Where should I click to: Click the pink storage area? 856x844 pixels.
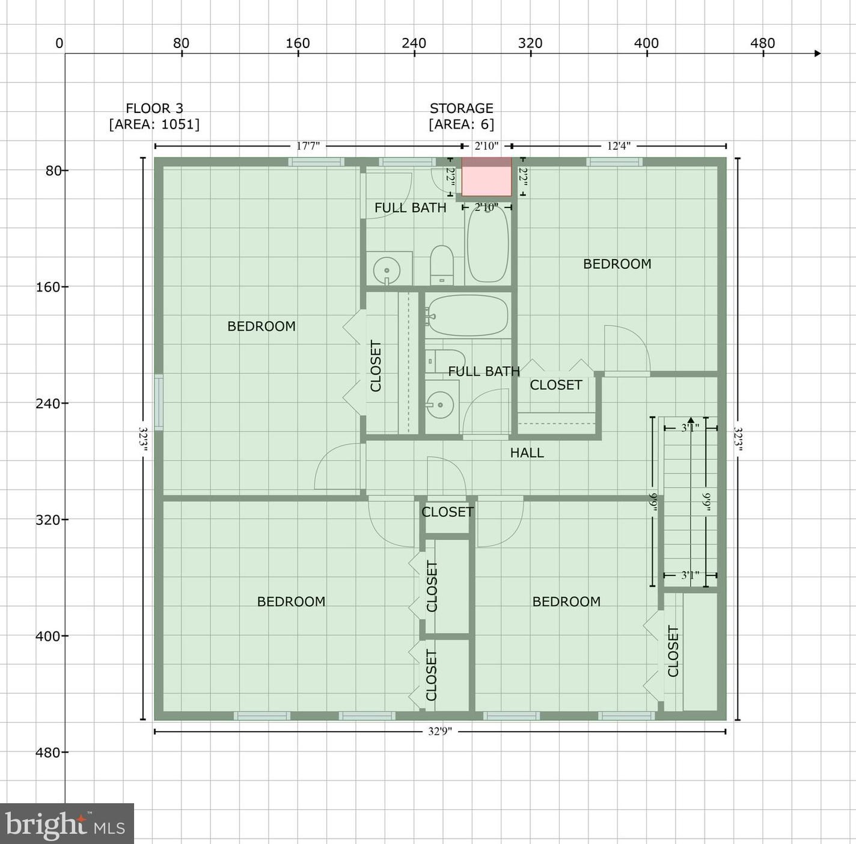[486, 177]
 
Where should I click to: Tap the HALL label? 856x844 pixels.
[527, 453]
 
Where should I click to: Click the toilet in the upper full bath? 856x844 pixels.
[442, 265]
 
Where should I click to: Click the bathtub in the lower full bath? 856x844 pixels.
[468, 316]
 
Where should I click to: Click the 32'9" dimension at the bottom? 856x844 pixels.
[440, 732]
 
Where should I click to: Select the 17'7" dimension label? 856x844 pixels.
[308, 146]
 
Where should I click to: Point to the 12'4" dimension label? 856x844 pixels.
[619, 146]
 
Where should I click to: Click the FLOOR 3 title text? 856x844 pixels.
[154, 108]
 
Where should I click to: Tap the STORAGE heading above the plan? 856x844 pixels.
[461, 108]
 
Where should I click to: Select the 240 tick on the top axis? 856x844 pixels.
[414, 44]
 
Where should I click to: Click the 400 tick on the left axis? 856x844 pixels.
[48, 636]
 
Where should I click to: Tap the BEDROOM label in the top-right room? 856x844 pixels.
[617, 264]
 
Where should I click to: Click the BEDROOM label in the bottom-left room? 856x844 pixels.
[291, 602]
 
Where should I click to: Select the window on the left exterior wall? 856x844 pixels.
[158, 402]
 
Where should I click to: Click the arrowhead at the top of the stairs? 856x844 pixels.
[691, 420]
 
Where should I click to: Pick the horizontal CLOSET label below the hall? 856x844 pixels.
[447, 512]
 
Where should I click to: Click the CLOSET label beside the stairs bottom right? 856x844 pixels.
[673, 651]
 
